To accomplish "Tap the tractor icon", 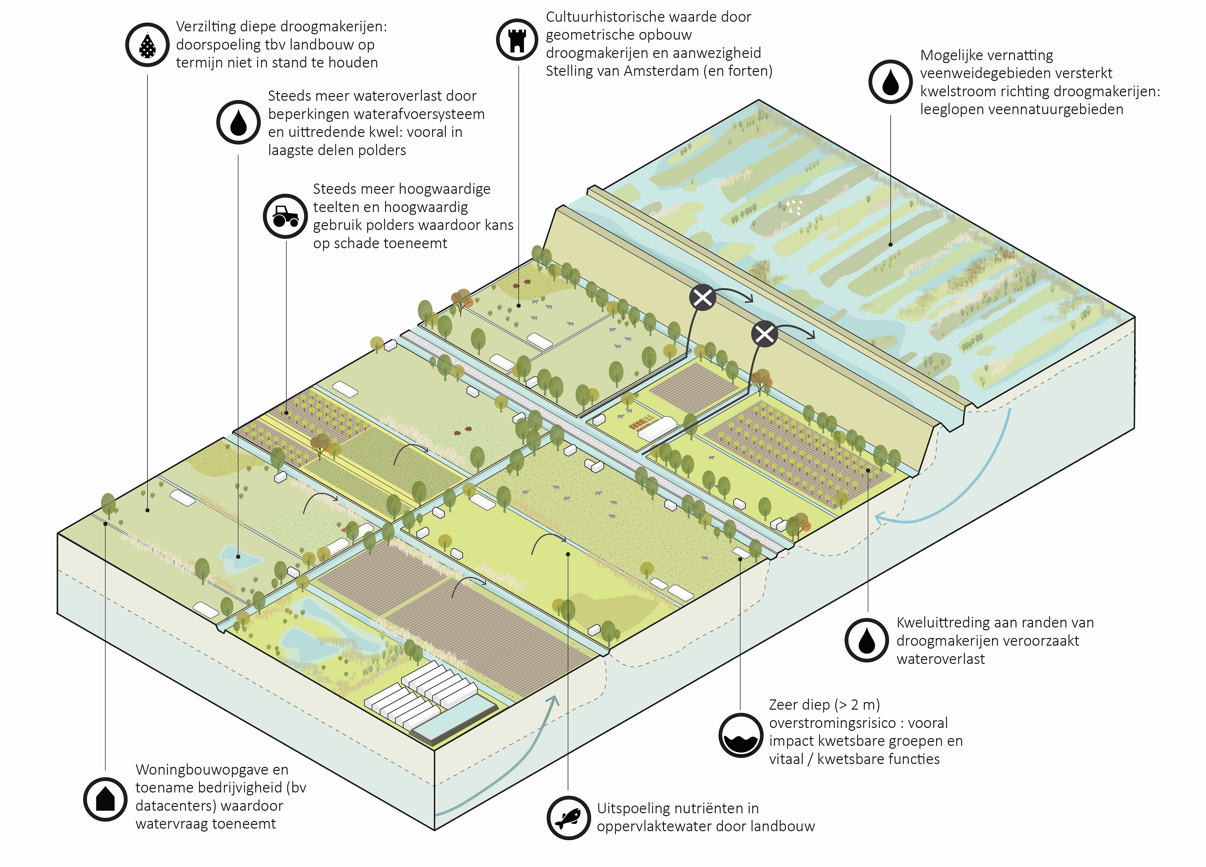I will coord(286,216).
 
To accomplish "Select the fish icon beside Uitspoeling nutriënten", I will coord(568,817).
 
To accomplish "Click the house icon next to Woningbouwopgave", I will coord(105,799).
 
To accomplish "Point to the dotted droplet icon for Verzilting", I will coord(147,45).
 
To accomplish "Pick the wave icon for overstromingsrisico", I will coord(740,736).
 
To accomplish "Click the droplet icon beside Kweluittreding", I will coord(866,640).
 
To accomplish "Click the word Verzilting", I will coord(206,27).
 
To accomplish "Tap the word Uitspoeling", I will coord(632,808).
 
